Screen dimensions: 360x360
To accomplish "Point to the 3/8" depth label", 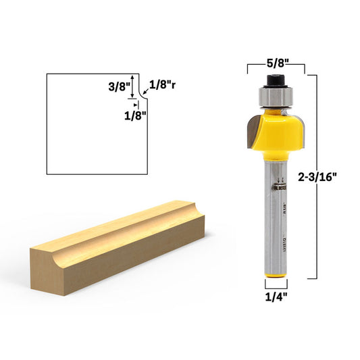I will tap(115, 87).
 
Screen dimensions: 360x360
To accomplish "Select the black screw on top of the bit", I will tap(276, 81).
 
